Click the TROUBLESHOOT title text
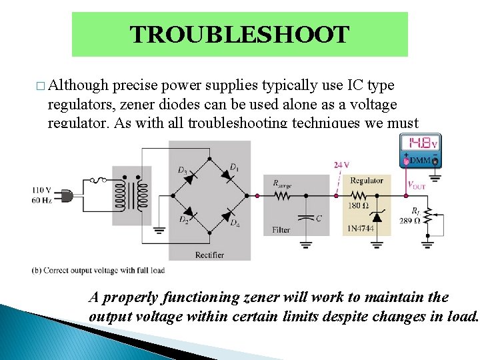pos(239,35)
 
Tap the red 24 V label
pos(341,165)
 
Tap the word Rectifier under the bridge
pos(209,255)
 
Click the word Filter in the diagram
pos(281,230)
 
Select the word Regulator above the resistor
pos(366,181)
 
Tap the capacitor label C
pos(319,218)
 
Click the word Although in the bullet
pos(78,85)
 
